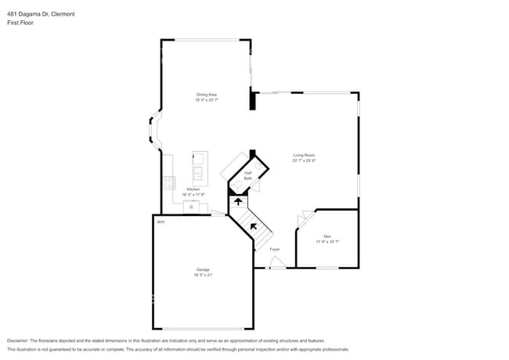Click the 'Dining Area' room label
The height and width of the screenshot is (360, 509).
point(206,95)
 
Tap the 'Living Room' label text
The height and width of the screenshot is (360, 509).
point(305,155)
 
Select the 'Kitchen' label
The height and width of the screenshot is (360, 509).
point(193,189)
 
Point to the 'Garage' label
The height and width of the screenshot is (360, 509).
point(203,270)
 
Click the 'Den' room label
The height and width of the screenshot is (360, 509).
point(327,236)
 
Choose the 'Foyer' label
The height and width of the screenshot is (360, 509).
point(275,249)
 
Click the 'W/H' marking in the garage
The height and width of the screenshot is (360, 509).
point(160,222)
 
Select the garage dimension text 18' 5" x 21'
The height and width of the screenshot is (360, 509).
point(203,275)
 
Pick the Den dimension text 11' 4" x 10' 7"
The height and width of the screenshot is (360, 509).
point(327,242)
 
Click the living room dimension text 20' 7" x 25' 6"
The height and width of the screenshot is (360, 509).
point(305,160)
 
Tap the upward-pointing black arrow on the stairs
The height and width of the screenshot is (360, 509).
point(238,201)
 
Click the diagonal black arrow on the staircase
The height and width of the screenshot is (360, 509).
point(253,227)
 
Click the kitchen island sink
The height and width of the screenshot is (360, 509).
point(198,172)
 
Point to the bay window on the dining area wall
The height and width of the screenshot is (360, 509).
point(153,131)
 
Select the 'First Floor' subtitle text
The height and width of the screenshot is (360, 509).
point(20,23)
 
